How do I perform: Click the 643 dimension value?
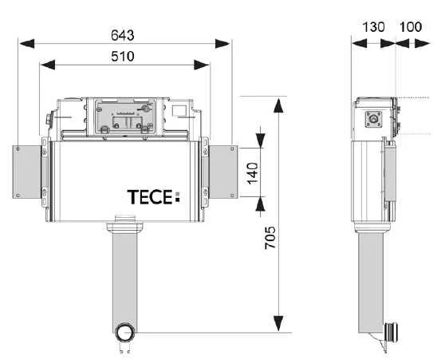click(122, 35)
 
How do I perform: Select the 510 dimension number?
click(122, 56)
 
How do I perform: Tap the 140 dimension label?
click(253, 172)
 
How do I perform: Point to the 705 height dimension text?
click(271, 239)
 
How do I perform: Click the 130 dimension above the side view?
click(373, 26)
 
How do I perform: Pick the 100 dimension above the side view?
click(411, 26)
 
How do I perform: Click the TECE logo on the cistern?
click(152, 196)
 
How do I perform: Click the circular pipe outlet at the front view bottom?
click(124, 330)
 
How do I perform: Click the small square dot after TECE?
click(178, 201)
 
